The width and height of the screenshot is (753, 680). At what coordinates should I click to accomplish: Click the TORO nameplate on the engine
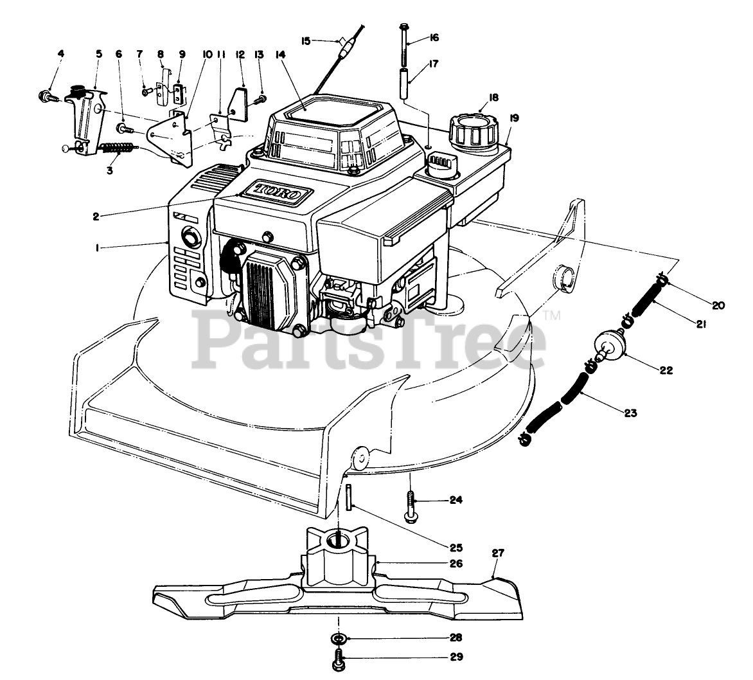point(276,192)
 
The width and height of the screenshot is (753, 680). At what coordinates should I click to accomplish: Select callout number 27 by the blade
point(497,553)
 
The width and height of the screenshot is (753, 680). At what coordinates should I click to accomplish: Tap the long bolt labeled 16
point(404,45)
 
